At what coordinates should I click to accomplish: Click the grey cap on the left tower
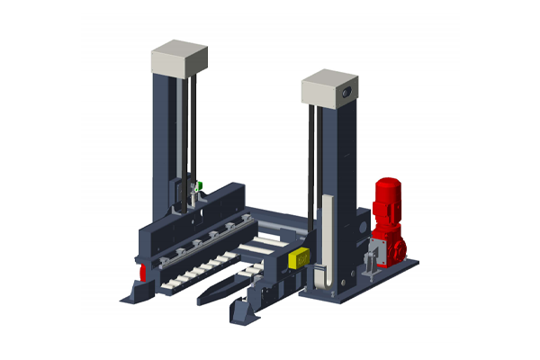point(181,57)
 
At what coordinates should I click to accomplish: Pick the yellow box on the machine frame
point(297,257)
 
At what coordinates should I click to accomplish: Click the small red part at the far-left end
point(141,272)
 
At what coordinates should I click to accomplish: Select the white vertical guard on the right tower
point(328,238)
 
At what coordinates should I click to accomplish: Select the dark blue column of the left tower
point(166,135)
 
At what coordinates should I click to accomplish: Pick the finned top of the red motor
point(388,186)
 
